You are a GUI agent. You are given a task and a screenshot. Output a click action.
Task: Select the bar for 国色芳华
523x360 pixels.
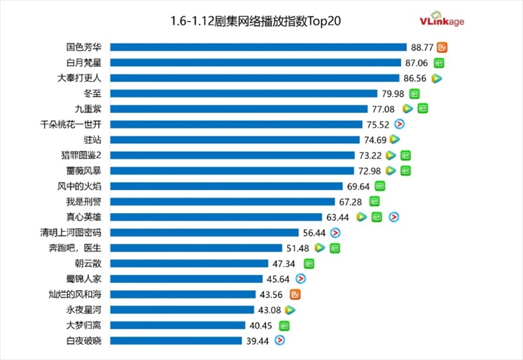tap(258, 47)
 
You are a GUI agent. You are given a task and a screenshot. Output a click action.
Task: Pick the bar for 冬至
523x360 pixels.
tap(244, 94)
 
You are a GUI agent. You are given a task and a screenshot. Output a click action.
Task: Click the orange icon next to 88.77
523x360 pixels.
tap(443, 47)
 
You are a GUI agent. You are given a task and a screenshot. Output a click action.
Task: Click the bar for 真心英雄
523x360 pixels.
tap(216, 217)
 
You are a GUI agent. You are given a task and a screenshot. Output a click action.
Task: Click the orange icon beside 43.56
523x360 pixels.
tap(295, 294)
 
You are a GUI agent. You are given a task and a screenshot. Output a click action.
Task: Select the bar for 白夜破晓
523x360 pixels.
tap(176, 340)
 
